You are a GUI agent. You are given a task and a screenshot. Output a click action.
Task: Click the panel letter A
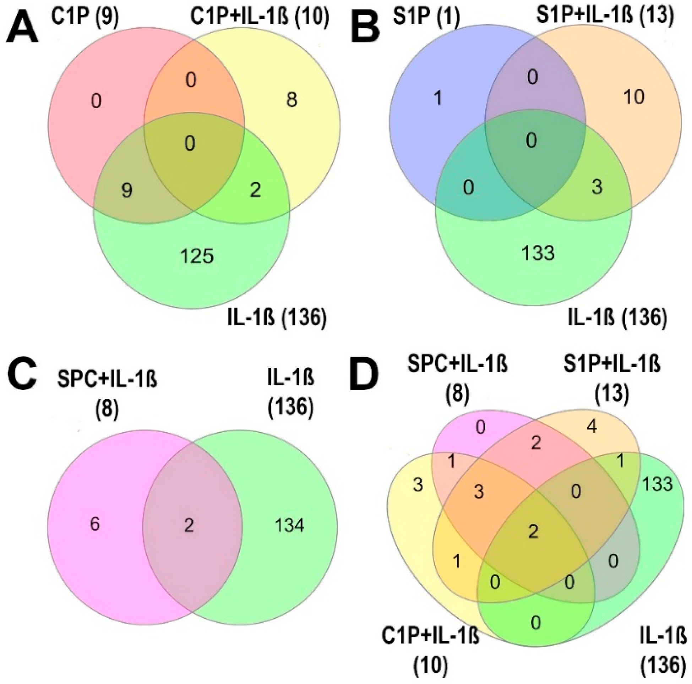pyautogui.click(x=22, y=31)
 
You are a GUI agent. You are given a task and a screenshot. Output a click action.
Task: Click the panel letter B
pyautogui.click(x=365, y=31)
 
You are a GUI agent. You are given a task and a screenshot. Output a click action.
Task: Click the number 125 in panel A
pyautogui.click(x=197, y=256)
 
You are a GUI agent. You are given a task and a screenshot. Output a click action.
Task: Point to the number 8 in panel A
pyautogui.click(x=292, y=100)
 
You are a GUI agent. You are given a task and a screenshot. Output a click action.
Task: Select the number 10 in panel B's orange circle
pyautogui.click(x=634, y=96)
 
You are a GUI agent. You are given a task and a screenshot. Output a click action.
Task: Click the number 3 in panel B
pyautogui.click(x=596, y=187)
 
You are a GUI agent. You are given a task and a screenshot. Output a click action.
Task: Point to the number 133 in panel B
pyautogui.click(x=538, y=253)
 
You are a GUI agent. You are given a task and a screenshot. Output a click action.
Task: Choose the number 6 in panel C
pyautogui.click(x=95, y=525)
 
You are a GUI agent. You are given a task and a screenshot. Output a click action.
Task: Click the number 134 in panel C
pyautogui.click(x=289, y=525)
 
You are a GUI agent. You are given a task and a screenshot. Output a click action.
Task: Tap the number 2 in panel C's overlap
pyautogui.click(x=189, y=525)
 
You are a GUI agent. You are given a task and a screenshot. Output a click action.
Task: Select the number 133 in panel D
pyautogui.click(x=657, y=485)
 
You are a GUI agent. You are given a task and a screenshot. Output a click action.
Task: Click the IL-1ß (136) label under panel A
pyautogui.click(x=277, y=317)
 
